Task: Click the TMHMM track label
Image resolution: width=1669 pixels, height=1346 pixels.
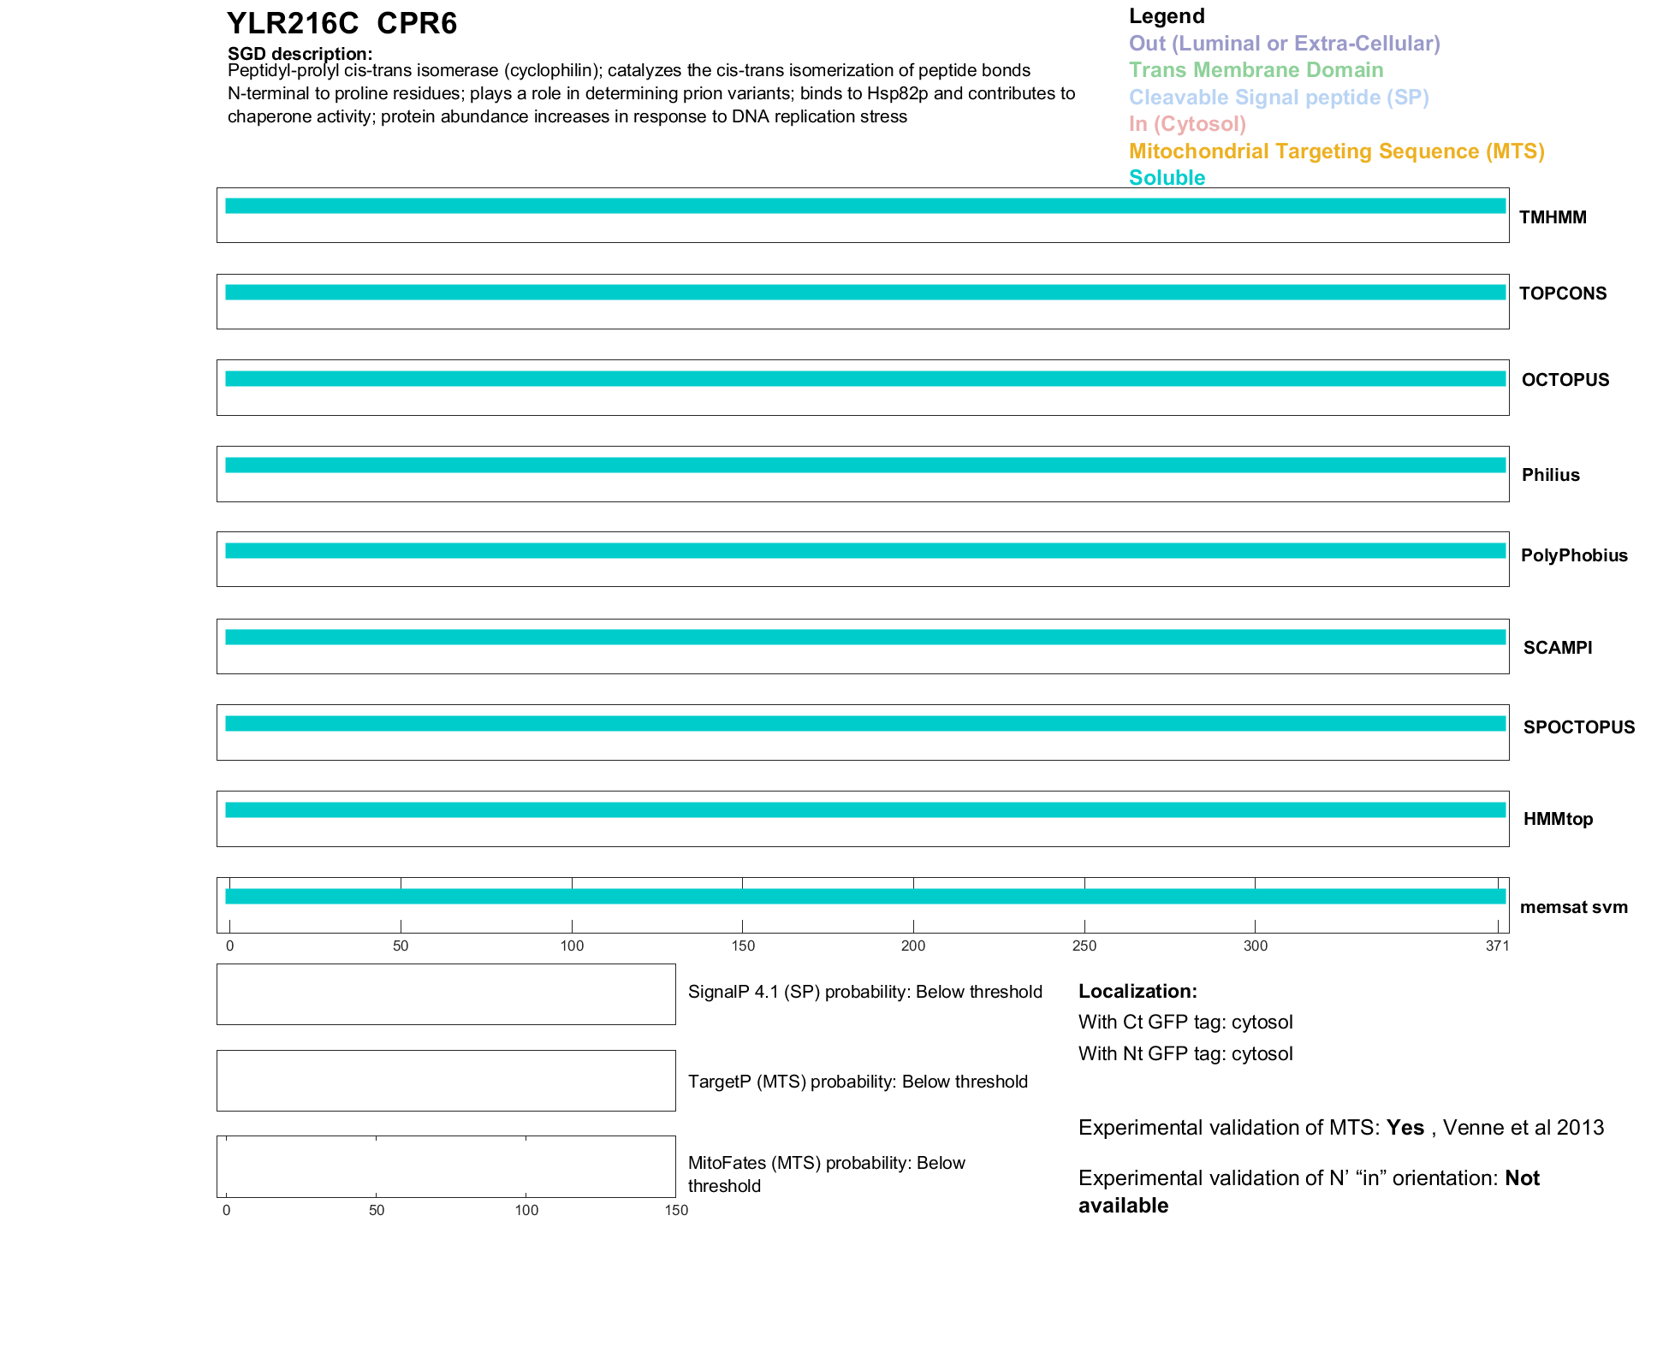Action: pyautogui.click(x=1552, y=217)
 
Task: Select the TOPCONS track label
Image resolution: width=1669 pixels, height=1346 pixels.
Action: pyautogui.click(x=1562, y=294)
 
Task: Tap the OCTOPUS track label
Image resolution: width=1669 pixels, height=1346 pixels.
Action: pyautogui.click(x=1565, y=380)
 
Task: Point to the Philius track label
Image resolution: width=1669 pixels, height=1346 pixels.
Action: pyautogui.click(x=1550, y=475)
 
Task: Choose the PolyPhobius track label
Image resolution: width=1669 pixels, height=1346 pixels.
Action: pyautogui.click(x=1573, y=555)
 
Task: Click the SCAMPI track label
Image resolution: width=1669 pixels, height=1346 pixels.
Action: pyautogui.click(x=1557, y=648)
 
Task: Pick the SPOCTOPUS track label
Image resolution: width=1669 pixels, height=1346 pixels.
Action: pyautogui.click(x=1578, y=727)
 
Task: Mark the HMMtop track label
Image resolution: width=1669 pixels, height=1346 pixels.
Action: pyautogui.click(x=1558, y=819)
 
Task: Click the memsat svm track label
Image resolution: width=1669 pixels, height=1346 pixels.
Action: pyautogui.click(x=1573, y=907)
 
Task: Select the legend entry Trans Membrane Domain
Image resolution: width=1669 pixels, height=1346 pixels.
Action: pyautogui.click(x=1256, y=70)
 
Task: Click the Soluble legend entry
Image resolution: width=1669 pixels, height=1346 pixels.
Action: pyautogui.click(x=1167, y=178)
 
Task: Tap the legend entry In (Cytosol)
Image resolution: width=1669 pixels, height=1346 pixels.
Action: pyautogui.click(x=1187, y=124)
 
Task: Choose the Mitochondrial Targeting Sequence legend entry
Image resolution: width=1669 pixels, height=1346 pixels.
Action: pyautogui.click(x=1336, y=151)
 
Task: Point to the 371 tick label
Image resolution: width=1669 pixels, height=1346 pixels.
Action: pyautogui.click(x=1497, y=946)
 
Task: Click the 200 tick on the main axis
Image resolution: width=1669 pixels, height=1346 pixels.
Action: pyautogui.click(x=913, y=946)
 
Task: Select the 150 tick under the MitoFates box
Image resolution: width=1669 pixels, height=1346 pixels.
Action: pyautogui.click(x=676, y=1210)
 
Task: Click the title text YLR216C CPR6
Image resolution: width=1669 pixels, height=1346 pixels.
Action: pyautogui.click(x=342, y=23)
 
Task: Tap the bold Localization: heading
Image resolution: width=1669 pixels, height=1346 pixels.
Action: pyautogui.click(x=1137, y=991)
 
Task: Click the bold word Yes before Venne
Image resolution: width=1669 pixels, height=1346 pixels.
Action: pyautogui.click(x=1405, y=1128)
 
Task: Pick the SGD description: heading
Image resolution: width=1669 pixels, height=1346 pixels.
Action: pyautogui.click(x=300, y=54)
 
